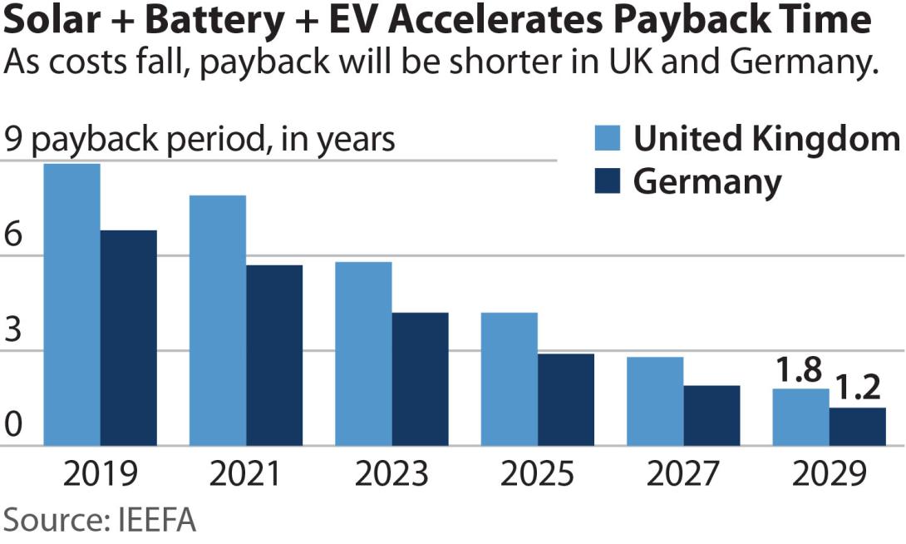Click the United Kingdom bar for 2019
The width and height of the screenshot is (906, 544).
pos(72,304)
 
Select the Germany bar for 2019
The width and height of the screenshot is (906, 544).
pos(129,338)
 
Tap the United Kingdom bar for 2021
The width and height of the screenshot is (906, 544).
pos(218,320)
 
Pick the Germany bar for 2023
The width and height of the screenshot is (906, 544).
pos(421,379)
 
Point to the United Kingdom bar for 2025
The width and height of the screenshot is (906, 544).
pos(510,379)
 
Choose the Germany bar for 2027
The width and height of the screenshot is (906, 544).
pos(712,416)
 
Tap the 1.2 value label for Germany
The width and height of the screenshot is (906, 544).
pos(857,388)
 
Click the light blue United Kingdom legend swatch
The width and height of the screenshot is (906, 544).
pos(608,140)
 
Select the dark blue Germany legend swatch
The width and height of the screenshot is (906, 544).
pos(608,181)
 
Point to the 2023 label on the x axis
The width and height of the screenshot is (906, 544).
pos(391,474)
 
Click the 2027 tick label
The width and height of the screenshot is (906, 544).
pos(683,474)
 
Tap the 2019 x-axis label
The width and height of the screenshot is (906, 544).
pos(100,474)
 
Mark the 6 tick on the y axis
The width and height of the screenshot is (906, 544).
pos(13,236)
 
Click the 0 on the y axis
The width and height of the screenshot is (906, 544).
pos(13,427)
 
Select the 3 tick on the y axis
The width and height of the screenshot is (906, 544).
pos(13,331)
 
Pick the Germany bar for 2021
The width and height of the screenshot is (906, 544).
pos(274,355)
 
